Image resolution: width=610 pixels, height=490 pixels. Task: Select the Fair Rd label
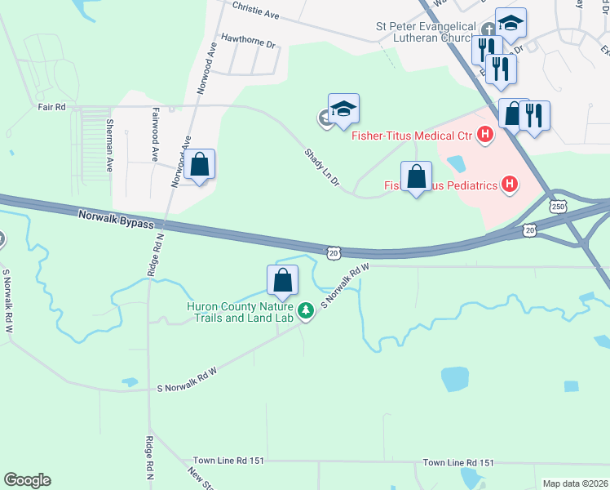point(51,106)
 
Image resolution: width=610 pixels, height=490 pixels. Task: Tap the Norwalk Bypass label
point(117,218)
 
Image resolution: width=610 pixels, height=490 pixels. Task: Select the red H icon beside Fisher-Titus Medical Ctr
point(486,134)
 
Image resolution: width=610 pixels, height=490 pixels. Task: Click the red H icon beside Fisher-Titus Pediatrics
point(510,185)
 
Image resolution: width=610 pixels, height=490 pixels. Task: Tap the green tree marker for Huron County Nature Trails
point(306,310)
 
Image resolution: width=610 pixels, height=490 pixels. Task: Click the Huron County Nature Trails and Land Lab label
point(241,312)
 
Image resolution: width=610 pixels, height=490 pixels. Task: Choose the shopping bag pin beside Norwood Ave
point(200,165)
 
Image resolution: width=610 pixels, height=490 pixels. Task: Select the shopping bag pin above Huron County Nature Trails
point(282,280)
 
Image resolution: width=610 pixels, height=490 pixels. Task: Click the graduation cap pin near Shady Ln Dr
point(344,109)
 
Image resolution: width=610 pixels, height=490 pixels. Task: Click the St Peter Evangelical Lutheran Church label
point(425,32)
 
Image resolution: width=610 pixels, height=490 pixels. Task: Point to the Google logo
point(28,480)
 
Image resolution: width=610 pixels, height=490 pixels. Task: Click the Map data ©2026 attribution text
point(574,483)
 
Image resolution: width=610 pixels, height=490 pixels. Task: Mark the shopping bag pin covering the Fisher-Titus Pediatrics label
point(417,176)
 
